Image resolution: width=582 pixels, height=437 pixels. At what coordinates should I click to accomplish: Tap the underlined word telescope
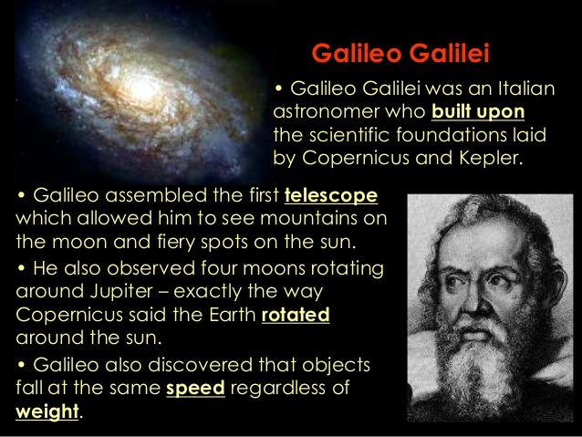tap(331, 198)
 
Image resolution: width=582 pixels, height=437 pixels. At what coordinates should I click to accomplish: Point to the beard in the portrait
tap(492, 365)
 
